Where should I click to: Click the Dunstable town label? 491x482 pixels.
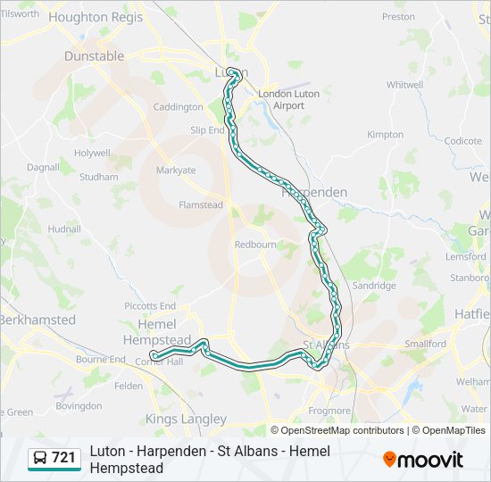click(95, 55)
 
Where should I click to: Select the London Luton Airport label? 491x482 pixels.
click(282, 99)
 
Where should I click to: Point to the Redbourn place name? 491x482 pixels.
click(255, 244)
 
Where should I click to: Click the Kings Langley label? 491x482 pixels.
click(187, 419)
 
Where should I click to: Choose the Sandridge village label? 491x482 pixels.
click(373, 286)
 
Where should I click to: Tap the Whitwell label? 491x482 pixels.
click(404, 85)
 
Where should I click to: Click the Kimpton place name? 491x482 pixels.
click(385, 135)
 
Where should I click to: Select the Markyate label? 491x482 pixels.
click(176, 170)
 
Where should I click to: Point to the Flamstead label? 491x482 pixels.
click(201, 204)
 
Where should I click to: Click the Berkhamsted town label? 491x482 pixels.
click(37, 320)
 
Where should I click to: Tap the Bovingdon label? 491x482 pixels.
click(79, 406)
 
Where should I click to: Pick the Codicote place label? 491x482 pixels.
click(462, 141)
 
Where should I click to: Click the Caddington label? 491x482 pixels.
click(179, 107)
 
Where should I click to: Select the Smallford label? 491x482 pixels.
click(425, 344)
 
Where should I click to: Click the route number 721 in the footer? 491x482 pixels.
click(63, 458)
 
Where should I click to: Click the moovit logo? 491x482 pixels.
click(423, 460)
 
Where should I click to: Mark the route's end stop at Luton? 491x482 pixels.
click(231, 72)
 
